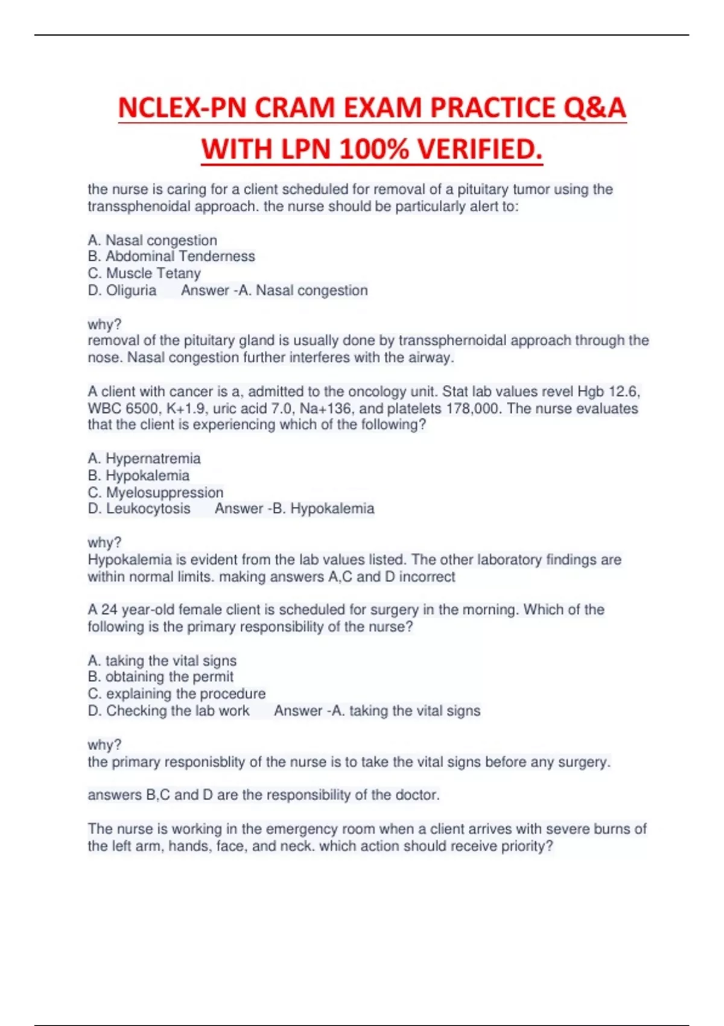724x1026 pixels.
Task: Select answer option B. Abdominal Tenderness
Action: [171, 256]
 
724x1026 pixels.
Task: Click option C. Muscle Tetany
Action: [144, 273]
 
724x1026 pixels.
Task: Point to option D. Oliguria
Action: [122, 290]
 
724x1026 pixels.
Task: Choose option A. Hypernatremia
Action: [144, 459]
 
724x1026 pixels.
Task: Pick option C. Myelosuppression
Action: [156, 492]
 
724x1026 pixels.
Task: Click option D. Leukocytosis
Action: [139, 509]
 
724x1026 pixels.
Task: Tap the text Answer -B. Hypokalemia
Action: [294, 509]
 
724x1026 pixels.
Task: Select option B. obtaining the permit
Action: [160, 677]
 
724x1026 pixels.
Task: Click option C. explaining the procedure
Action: [177, 694]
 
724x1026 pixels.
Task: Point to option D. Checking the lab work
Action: [168, 711]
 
